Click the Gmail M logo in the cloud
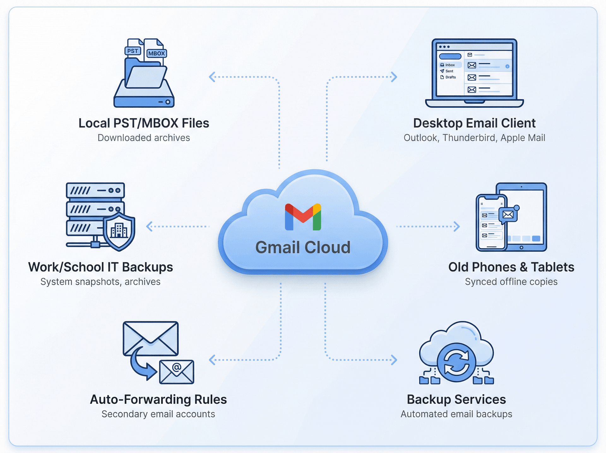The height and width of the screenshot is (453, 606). click(303, 217)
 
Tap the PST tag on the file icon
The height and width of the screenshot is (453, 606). click(133, 51)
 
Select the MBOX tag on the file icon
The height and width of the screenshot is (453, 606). click(157, 53)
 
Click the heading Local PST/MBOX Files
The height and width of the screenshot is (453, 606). click(144, 123)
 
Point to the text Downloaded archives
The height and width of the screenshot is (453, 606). click(144, 138)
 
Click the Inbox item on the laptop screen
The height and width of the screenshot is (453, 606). click(450, 65)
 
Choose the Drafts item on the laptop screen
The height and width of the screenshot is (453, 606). click(450, 77)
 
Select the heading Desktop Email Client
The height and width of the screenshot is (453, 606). click(474, 123)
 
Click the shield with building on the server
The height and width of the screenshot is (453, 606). click(119, 231)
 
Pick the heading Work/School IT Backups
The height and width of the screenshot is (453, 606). click(101, 267)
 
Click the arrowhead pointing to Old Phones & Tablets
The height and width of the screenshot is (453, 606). click(457, 226)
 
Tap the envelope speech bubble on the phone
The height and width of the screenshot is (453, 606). click(508, 215)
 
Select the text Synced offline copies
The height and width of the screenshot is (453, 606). click(511, 282)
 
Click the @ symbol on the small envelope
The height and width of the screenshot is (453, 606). click(177, 367)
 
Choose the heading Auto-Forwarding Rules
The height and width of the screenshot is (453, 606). click(158, 400)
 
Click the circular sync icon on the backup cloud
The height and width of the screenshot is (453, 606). click(456, 362)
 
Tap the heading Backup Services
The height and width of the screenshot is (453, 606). click(456, 400)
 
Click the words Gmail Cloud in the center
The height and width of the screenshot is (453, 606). click(303, 247)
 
